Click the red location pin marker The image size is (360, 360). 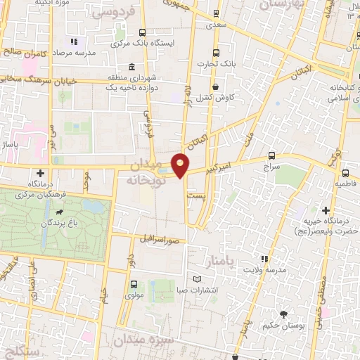pyautogui.click(x=181, y=165)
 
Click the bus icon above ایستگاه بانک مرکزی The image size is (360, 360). pyautogui.click(x=143, y=32)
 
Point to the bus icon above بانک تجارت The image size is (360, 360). pyautogui.click(x=217, y=52)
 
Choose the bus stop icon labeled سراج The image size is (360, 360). pyautogui.click(x=271, y=156)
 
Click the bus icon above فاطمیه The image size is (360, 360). pyautogui.click(x=345, y=172)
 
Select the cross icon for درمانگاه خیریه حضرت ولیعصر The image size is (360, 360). pyautogui.click(x=326, y=210)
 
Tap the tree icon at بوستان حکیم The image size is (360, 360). pyautogui.click(x=283, y=314)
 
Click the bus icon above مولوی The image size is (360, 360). pyautogui.click(x=134, y=284)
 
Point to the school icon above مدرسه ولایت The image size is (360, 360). pyautogui.click(x=264, y=259)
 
